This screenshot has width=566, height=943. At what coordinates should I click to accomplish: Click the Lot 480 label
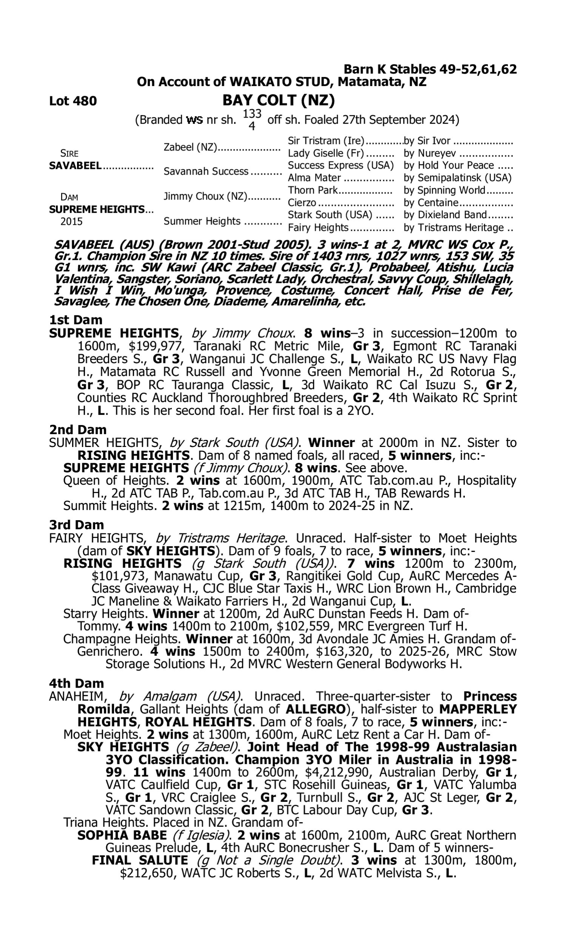point(73,101)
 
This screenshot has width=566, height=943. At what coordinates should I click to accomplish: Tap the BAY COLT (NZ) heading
point(278,100)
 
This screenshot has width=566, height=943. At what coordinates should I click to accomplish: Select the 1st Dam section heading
point(76,320)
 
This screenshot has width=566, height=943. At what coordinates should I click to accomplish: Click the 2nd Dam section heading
point(78,430)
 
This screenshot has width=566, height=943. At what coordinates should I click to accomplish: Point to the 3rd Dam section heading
point(77,525)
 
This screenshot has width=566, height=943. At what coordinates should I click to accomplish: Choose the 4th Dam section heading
point(77,683)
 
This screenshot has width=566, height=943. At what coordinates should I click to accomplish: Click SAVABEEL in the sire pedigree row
point(75,166)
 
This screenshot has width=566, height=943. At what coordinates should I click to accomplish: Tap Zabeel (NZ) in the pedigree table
point(190,147)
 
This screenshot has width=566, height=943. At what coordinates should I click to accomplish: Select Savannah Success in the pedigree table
point(206,172)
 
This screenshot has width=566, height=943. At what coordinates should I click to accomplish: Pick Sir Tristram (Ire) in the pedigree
point(326,141)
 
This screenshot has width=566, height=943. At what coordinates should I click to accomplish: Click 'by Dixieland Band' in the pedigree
point(445,215)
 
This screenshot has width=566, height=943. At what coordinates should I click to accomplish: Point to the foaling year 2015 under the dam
point(71,222)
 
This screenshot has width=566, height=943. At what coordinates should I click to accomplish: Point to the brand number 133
point(252,114)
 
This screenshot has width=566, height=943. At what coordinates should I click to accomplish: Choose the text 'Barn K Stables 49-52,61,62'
point(430,69)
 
